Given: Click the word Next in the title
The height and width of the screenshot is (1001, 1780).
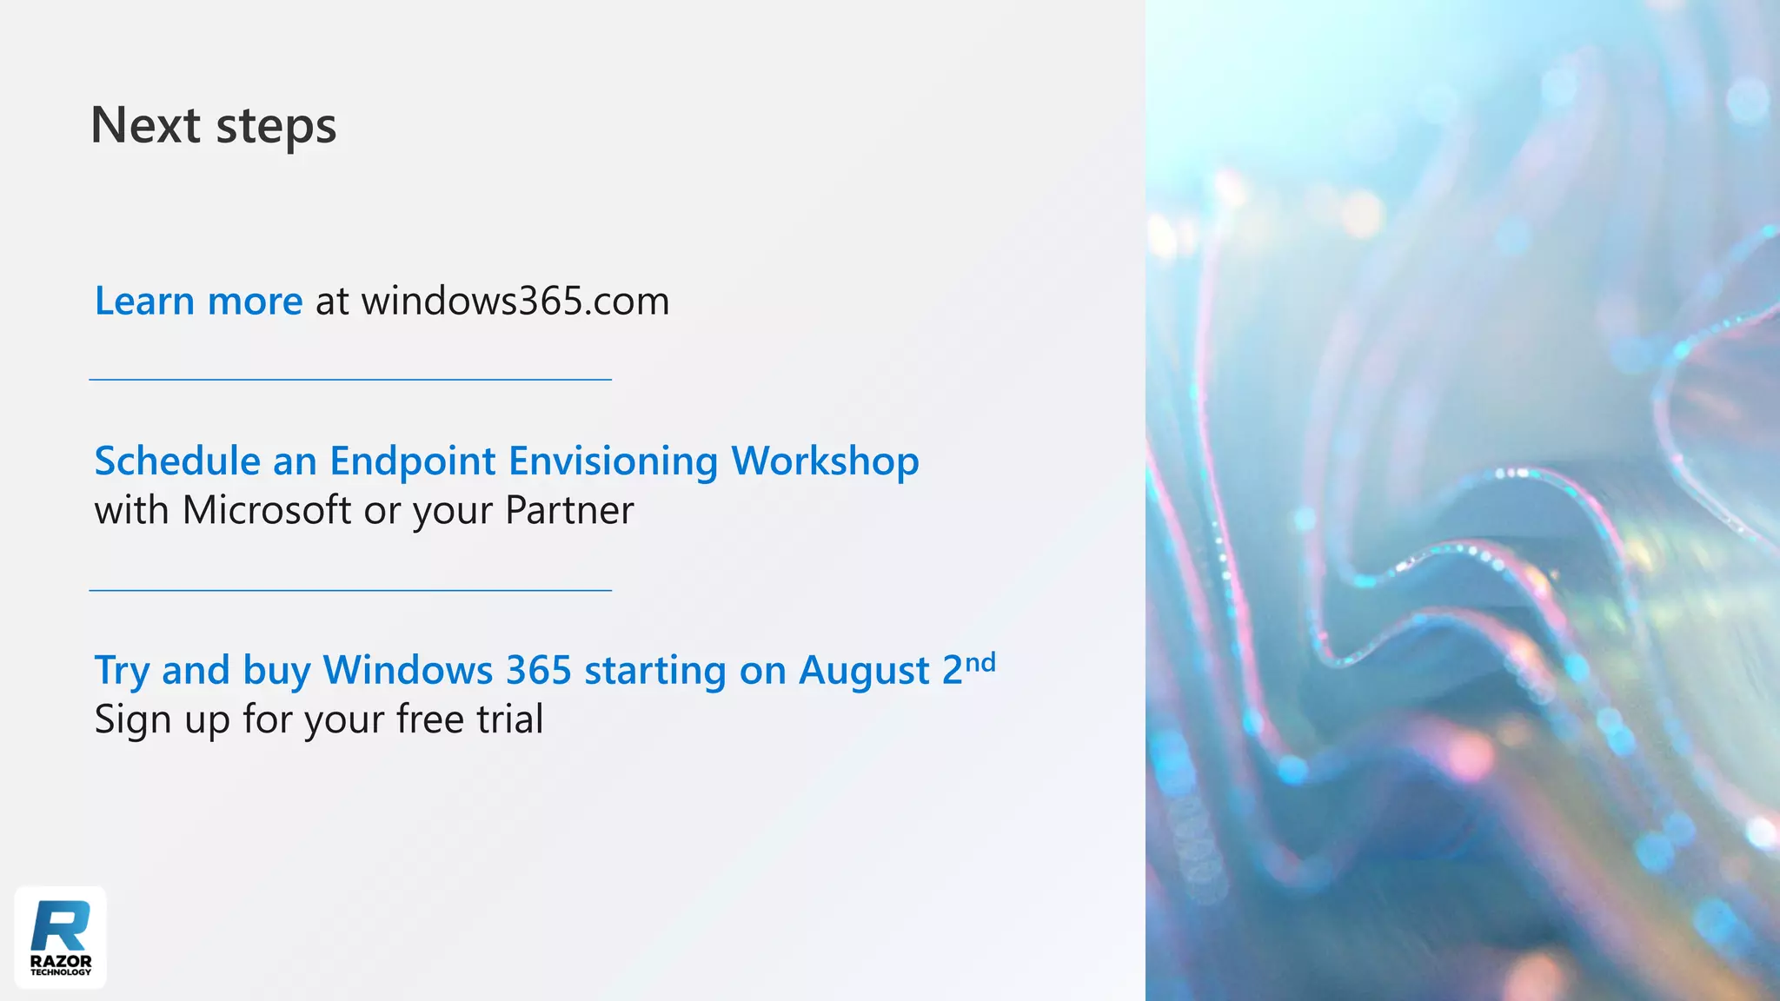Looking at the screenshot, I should pos(145,125).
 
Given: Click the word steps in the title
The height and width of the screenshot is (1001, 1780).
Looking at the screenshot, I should pos(276,127).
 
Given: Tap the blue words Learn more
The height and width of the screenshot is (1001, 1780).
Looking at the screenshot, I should pos(198,301).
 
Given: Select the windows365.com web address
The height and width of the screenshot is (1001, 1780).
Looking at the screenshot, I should pos(515,301).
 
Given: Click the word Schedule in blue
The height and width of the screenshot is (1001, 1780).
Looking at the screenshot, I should pos(176,461).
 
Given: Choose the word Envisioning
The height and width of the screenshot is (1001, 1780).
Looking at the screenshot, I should pos(613,461).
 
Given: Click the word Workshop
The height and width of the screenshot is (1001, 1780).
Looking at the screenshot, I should pos(824,461).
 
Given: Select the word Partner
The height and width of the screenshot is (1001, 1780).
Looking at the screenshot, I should pos(569,510).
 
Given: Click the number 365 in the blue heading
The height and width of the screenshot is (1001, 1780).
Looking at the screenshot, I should pos(538,670).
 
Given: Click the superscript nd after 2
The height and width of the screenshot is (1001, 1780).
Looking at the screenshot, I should pos(980,664).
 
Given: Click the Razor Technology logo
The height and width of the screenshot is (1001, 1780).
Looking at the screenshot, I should pos(61,938).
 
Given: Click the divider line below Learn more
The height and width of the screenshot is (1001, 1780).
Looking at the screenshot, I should pos(350,380).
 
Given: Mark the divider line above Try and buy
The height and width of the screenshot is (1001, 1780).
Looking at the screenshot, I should pos(350,591).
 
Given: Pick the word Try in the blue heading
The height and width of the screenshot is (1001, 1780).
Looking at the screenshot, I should pos(122,671).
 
